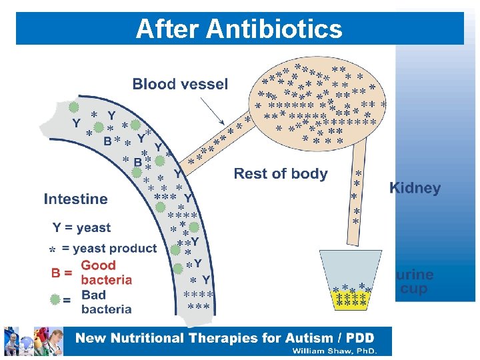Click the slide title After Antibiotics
[239, 29]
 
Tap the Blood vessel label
[180, 85]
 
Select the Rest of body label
[281, 175]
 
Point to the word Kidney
[415, 189]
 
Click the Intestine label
[75, 199]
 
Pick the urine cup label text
[415, 282]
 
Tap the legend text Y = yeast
[81, 228]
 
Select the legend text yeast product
[109, 249]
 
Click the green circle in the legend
[55, 300]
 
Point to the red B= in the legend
[62, 273]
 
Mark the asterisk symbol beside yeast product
[51, 250]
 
